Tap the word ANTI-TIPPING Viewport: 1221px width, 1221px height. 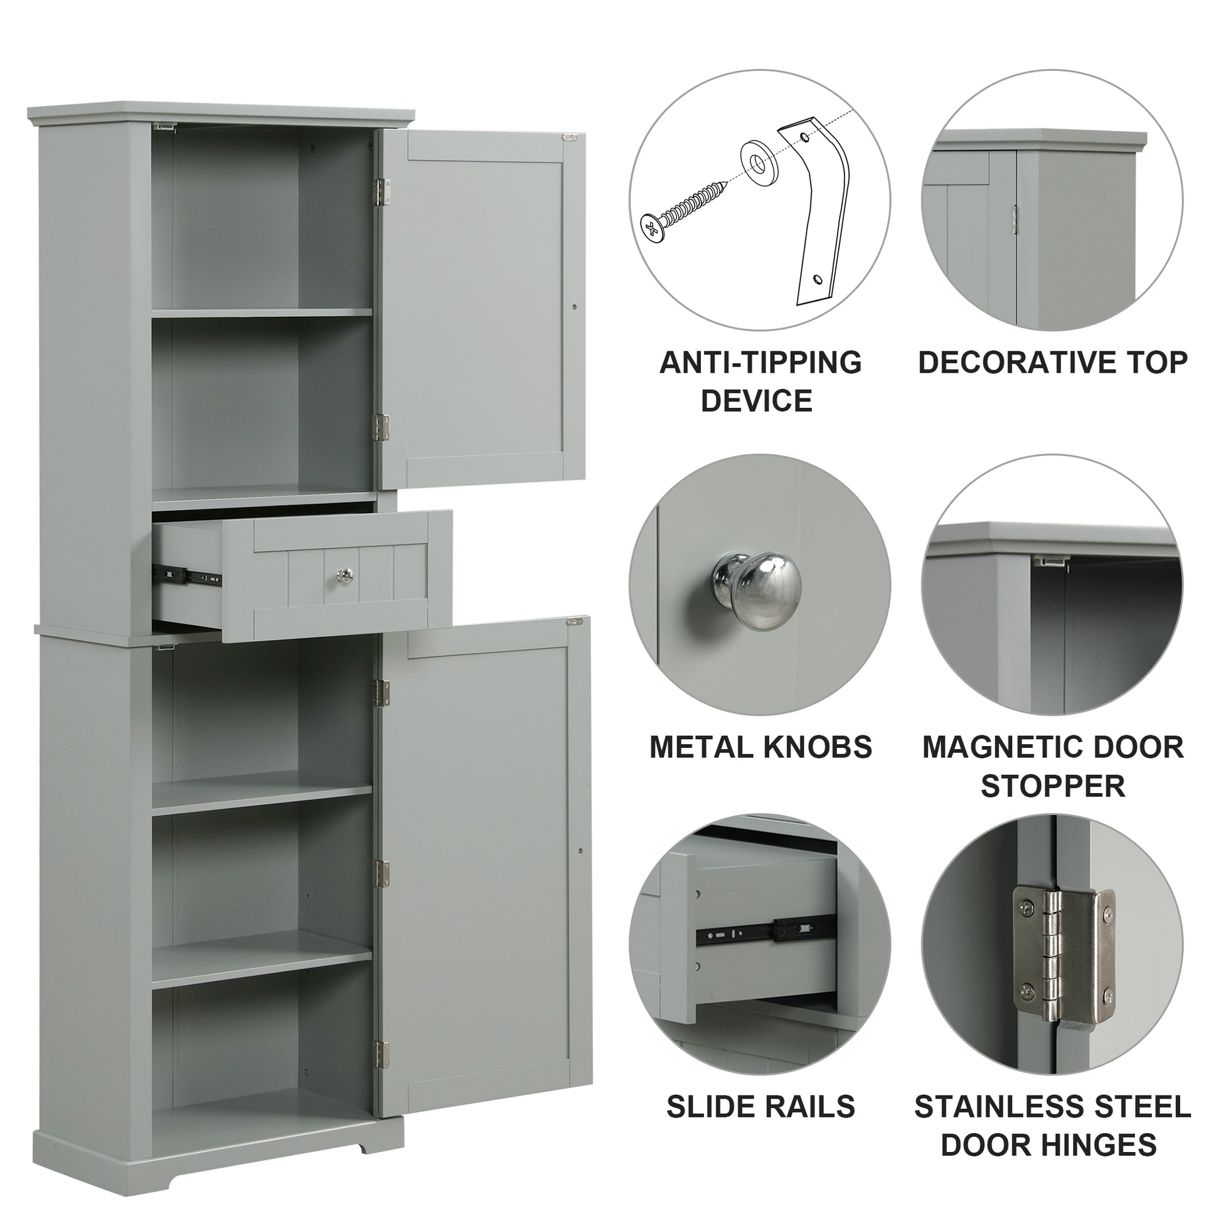tap(760, 363)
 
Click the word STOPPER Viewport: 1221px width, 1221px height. tap(1052, 786)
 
